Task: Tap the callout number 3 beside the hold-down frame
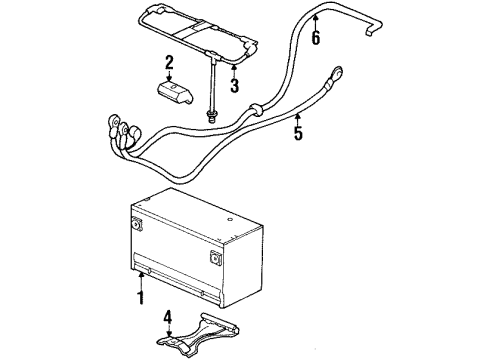235,85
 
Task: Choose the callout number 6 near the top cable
316,39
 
